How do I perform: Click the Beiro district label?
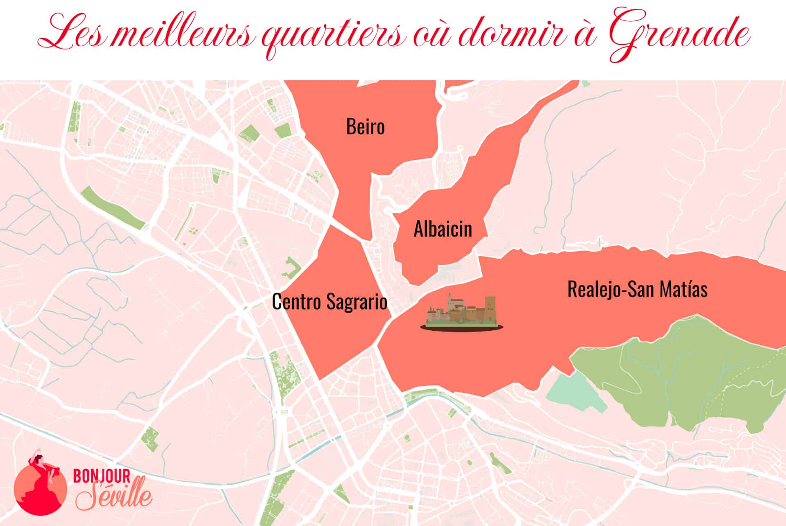[x=365, y=127]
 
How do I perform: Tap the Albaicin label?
[x=443, y=229]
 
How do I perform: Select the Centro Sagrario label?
[x=330, y=302]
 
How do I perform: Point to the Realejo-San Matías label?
[x=637, y=289]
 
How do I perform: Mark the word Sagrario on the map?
[x=357, y=302]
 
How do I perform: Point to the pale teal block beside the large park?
[x=575, y=391]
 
